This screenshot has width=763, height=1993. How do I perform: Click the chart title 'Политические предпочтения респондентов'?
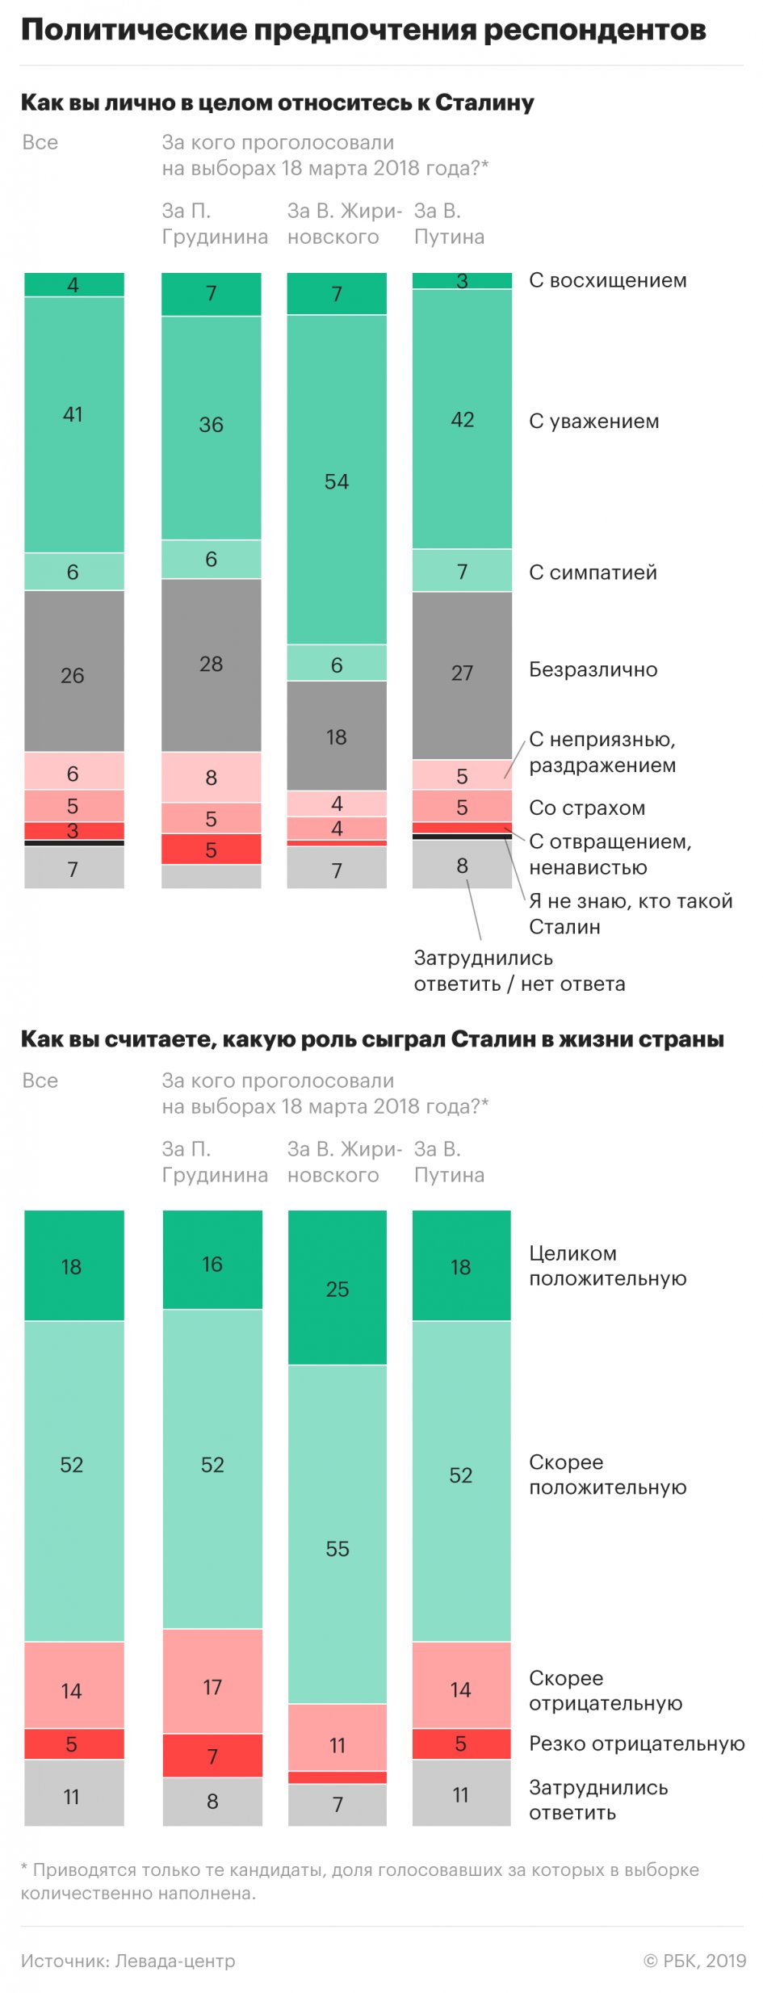pos(363,30)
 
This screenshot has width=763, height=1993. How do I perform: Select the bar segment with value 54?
pos(337,480)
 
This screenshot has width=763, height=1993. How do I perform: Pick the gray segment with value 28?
pos(211,665)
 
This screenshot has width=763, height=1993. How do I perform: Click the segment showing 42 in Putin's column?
pos(462,419)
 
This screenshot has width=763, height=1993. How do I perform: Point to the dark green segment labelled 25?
pos(337,1288)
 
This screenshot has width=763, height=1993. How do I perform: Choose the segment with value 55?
pos(337,1548)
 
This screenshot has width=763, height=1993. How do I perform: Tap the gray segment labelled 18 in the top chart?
pos(337,736)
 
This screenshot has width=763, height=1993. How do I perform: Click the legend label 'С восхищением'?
pos(607,280)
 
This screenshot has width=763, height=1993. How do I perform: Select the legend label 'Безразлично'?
pos(593,669)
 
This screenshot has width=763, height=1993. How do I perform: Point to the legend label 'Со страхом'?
pos(586,808)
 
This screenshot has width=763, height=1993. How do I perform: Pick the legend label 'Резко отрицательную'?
pos(636,1743)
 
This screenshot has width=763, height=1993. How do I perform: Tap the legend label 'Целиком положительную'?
pos(607,1265)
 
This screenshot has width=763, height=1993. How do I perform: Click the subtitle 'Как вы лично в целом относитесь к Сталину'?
pos(277,103)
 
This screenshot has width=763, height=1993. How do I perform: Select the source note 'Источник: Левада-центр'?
pos(128,1961)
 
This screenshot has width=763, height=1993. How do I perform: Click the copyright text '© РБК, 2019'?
pos(694,1961)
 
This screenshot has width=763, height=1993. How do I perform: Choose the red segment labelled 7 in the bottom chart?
pos(212,1756)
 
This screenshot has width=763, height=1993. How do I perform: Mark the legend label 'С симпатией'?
pos(593,573)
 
